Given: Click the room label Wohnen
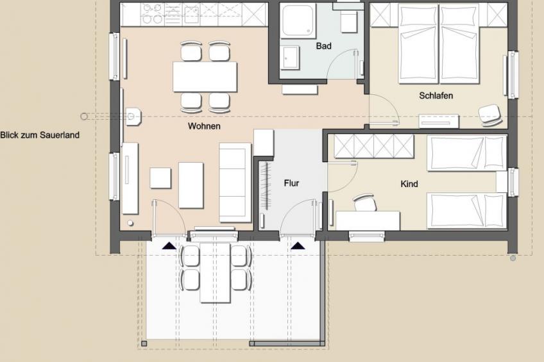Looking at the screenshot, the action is click(x=204, y=126).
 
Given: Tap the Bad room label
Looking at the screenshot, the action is click(x=323, y=46).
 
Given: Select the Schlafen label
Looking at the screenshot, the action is click(x=436, y=95).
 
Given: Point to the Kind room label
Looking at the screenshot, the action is click(x=409, y=184).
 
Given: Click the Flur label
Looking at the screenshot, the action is click(x=291, y=183).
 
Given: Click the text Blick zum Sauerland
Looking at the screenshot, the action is click(x=40, y=135).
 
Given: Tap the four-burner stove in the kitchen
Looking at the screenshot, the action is click(x=153, y=14).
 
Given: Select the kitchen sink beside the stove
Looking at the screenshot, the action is click(x=191, y=14).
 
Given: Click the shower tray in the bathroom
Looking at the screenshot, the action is click(x=298, y=21).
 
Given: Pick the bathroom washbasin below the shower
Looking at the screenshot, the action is click(x=290, y=58).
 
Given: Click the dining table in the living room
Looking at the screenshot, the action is click(x=205, y=77).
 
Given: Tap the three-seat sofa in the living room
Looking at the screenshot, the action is click(x=235, y=182).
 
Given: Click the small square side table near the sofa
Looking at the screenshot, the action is click(x=160, y=177).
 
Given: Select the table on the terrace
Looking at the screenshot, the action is click(x=215, y=273).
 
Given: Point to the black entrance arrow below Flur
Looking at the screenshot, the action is click(x=298, y=245).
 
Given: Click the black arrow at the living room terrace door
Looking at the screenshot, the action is click(x=169, y=245).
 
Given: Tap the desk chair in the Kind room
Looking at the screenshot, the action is click(x=364, y=202).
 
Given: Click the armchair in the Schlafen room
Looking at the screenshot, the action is click(x=490, y=115).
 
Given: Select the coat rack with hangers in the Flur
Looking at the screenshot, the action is click(x=266, y=185).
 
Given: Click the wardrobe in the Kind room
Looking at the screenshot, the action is click(x=374, y=146).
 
